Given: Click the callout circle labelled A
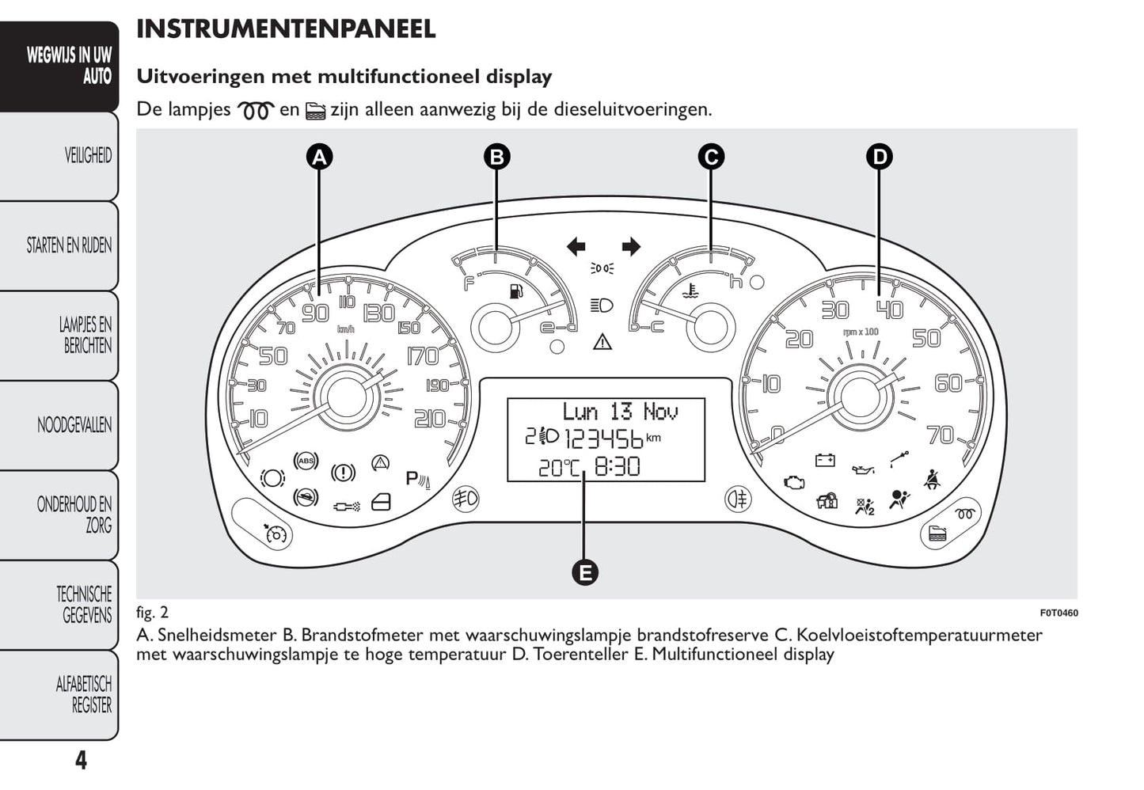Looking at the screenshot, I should pyautogui.click(x=319, y=157).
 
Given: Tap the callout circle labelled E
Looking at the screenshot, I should pyautogui.click(x=584, y=572).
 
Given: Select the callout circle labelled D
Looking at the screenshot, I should pyautogui.click(x=879, y=157).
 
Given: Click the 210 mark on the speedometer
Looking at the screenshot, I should pyautogui.click(x=429, y=418).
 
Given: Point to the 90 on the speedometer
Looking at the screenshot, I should pyautogui.click(x=315, y=313).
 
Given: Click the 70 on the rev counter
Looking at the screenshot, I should pyautogui.click(x=941, y=435).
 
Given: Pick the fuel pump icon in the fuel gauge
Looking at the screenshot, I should pyautogui.click(x=517, y=291).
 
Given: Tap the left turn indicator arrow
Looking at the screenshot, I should pyautogui.click(x=576, y=247).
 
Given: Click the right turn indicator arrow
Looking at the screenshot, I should pyautogui.click(x=631, y=247).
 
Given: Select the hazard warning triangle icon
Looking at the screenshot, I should pyautogui.click(x=602, y=342).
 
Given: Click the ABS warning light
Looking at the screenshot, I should pyautogui.click(x=306, y=461).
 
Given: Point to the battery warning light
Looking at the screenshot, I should pyautogui.click(x=825, y=460).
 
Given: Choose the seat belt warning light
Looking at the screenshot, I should pyautogui.click(x=932, y=480).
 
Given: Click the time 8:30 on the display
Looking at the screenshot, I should pyautogui.click(x=617, y=467).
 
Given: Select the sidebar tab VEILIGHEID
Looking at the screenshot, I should pyautogui.click(x=88, y=155).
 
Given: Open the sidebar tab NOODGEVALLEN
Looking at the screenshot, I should pyautogui.click(x=74, y=425).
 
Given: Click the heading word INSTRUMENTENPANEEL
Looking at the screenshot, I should pyautogui.click(x=286, y=29).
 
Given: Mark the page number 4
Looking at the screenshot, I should pyautogui.click(x=81, y=761).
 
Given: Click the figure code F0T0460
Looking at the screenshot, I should pyautogui.click(x=1058, y=613).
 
